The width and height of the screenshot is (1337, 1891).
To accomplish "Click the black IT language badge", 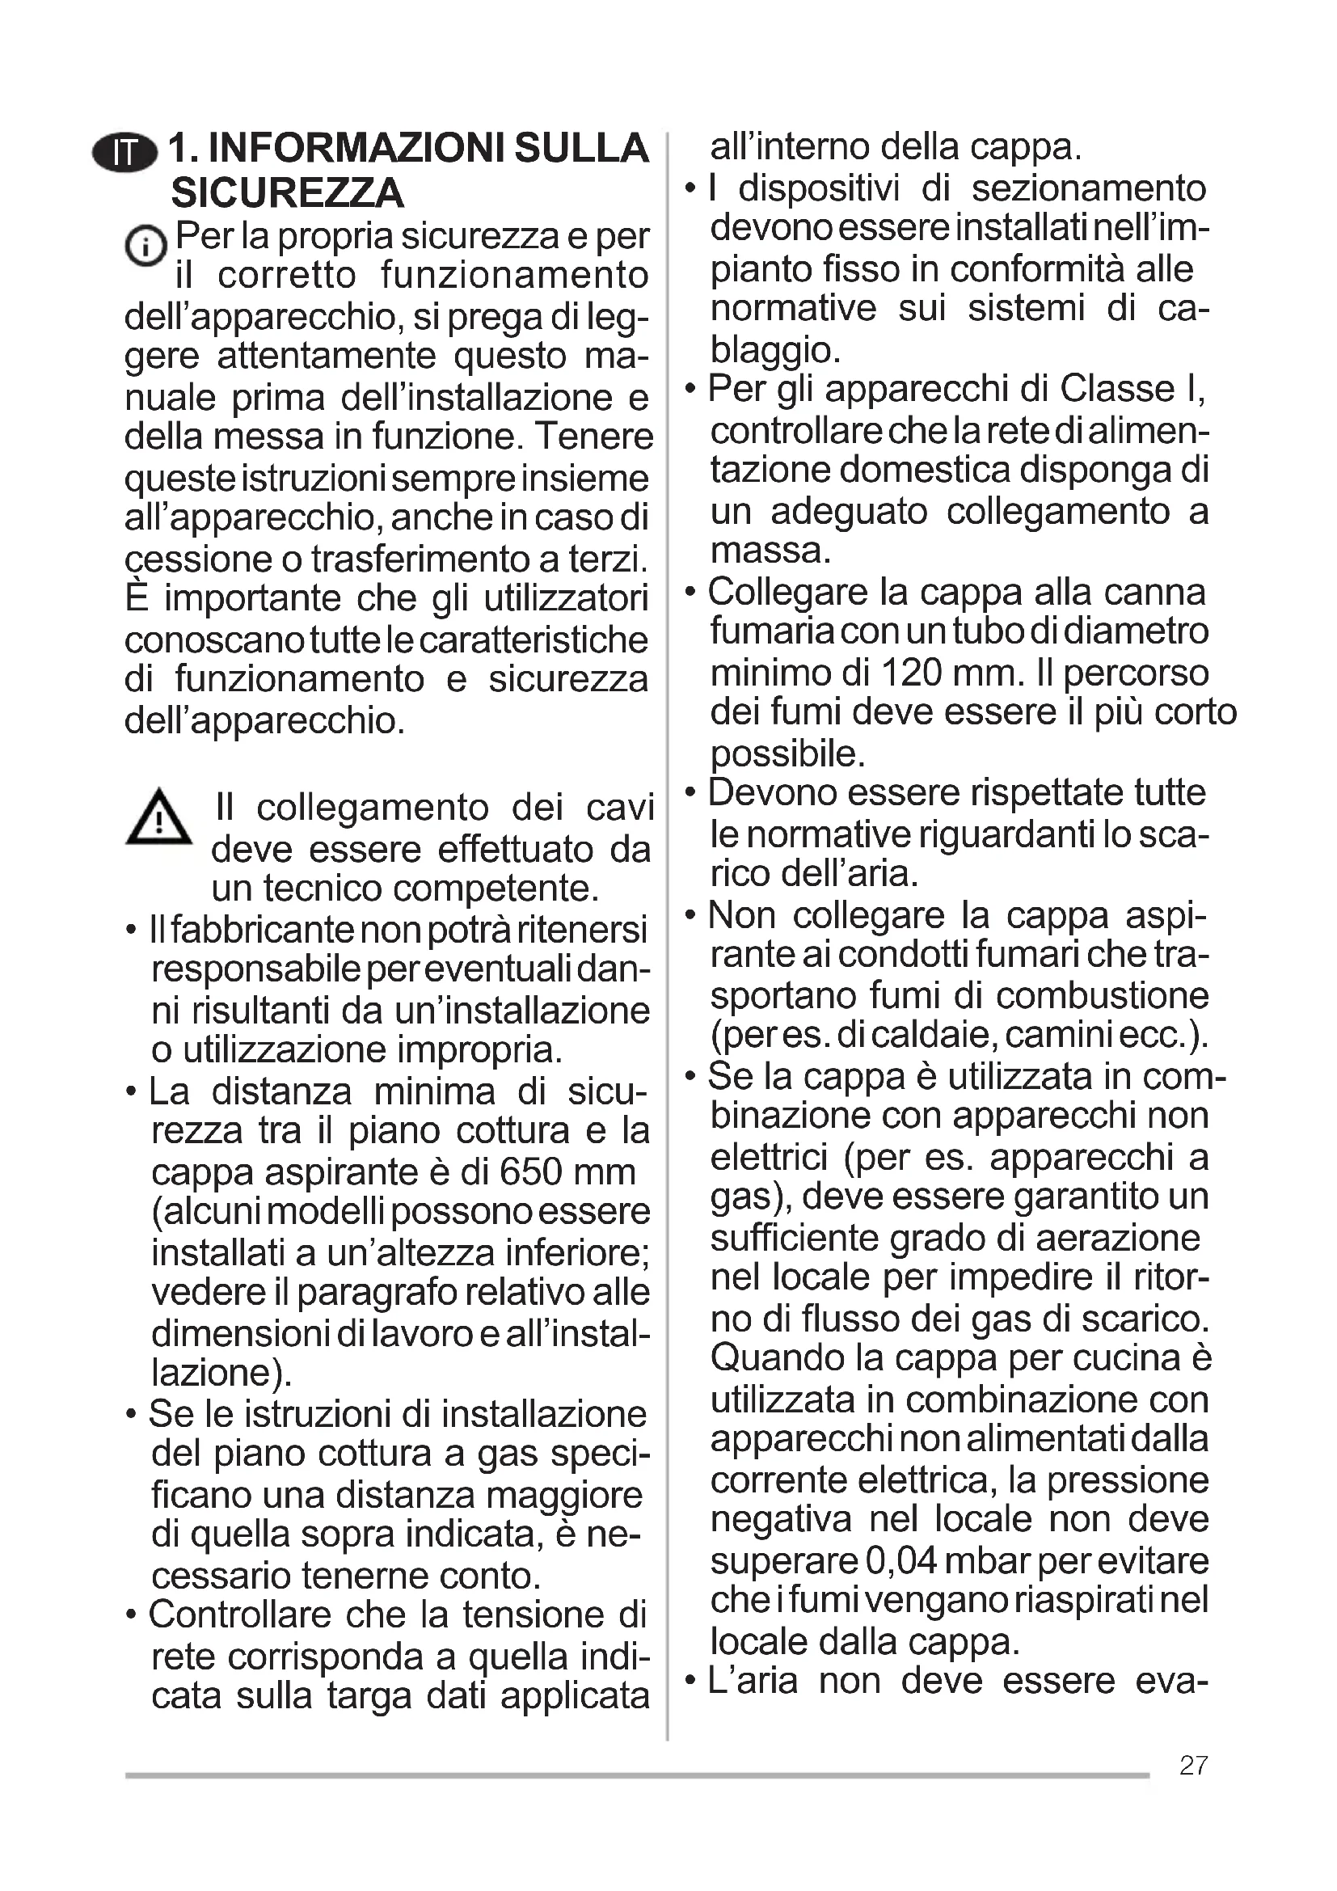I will [x=125, y=152].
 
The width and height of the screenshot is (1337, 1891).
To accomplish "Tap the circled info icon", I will [x=145, y=246].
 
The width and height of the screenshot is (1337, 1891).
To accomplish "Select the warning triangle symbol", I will [x=159, y=818].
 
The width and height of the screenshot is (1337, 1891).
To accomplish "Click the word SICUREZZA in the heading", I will [x=287, y=193].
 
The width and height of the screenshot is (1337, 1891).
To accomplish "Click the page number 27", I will [x=1194, y=1765].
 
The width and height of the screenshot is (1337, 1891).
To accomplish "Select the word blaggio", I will [x=774, y=350].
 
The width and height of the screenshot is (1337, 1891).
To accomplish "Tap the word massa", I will [x=770, y=551].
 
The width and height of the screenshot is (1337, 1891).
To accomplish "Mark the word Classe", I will [x=1117, y=389].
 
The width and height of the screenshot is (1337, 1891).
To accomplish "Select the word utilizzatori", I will [x=567, y=599].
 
